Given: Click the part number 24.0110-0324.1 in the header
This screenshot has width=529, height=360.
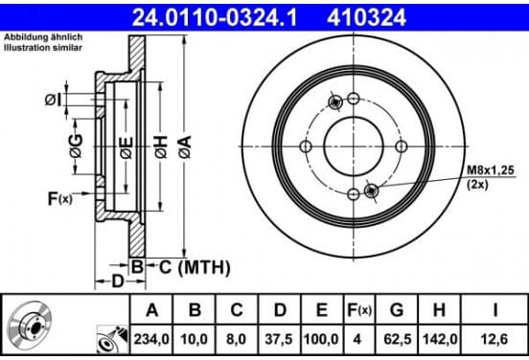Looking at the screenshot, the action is click(215, 17).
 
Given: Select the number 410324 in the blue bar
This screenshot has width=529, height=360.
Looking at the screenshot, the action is click(366, 17).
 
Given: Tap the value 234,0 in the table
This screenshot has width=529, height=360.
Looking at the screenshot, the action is click(151, 339).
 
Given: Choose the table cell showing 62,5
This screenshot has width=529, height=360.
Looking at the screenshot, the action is click(398, 339).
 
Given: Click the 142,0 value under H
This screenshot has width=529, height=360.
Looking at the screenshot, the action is click(440, 339).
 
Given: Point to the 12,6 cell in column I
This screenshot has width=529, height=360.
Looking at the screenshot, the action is click(494, 339).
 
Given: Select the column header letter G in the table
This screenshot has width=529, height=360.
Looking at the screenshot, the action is click(397, 310).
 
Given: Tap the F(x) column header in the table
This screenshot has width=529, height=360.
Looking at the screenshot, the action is click(359, 310).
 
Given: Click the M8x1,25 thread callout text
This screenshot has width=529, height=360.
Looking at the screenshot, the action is click(491, 170).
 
